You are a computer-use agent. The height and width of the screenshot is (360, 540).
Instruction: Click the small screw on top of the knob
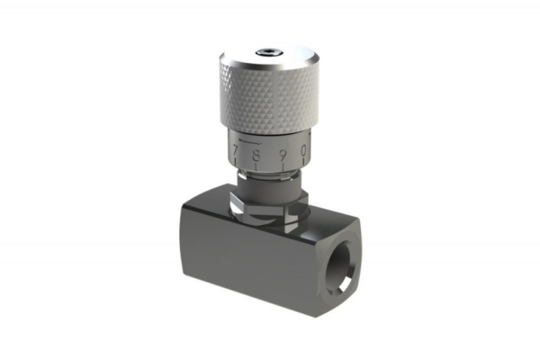269,53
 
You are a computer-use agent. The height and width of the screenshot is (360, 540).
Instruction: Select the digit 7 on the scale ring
235,150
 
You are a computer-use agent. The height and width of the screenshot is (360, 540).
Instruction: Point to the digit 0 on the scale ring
304,150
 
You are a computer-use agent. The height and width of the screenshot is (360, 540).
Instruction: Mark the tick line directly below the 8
256,166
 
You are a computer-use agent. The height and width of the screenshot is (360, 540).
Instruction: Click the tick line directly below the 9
283,166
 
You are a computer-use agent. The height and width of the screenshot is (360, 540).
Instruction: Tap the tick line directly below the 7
235,161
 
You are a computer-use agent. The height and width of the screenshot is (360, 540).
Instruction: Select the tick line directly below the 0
304,161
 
